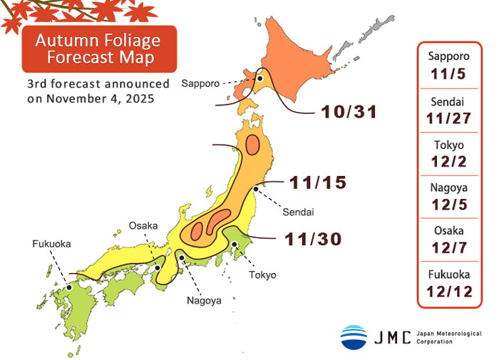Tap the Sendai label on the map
[299, 212]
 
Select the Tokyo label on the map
[262, 274]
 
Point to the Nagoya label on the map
[205, 300]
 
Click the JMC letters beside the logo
[393, 337]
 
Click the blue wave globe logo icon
[354, 336]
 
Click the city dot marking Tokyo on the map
[235, 245]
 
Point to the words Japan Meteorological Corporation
[450, 337]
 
